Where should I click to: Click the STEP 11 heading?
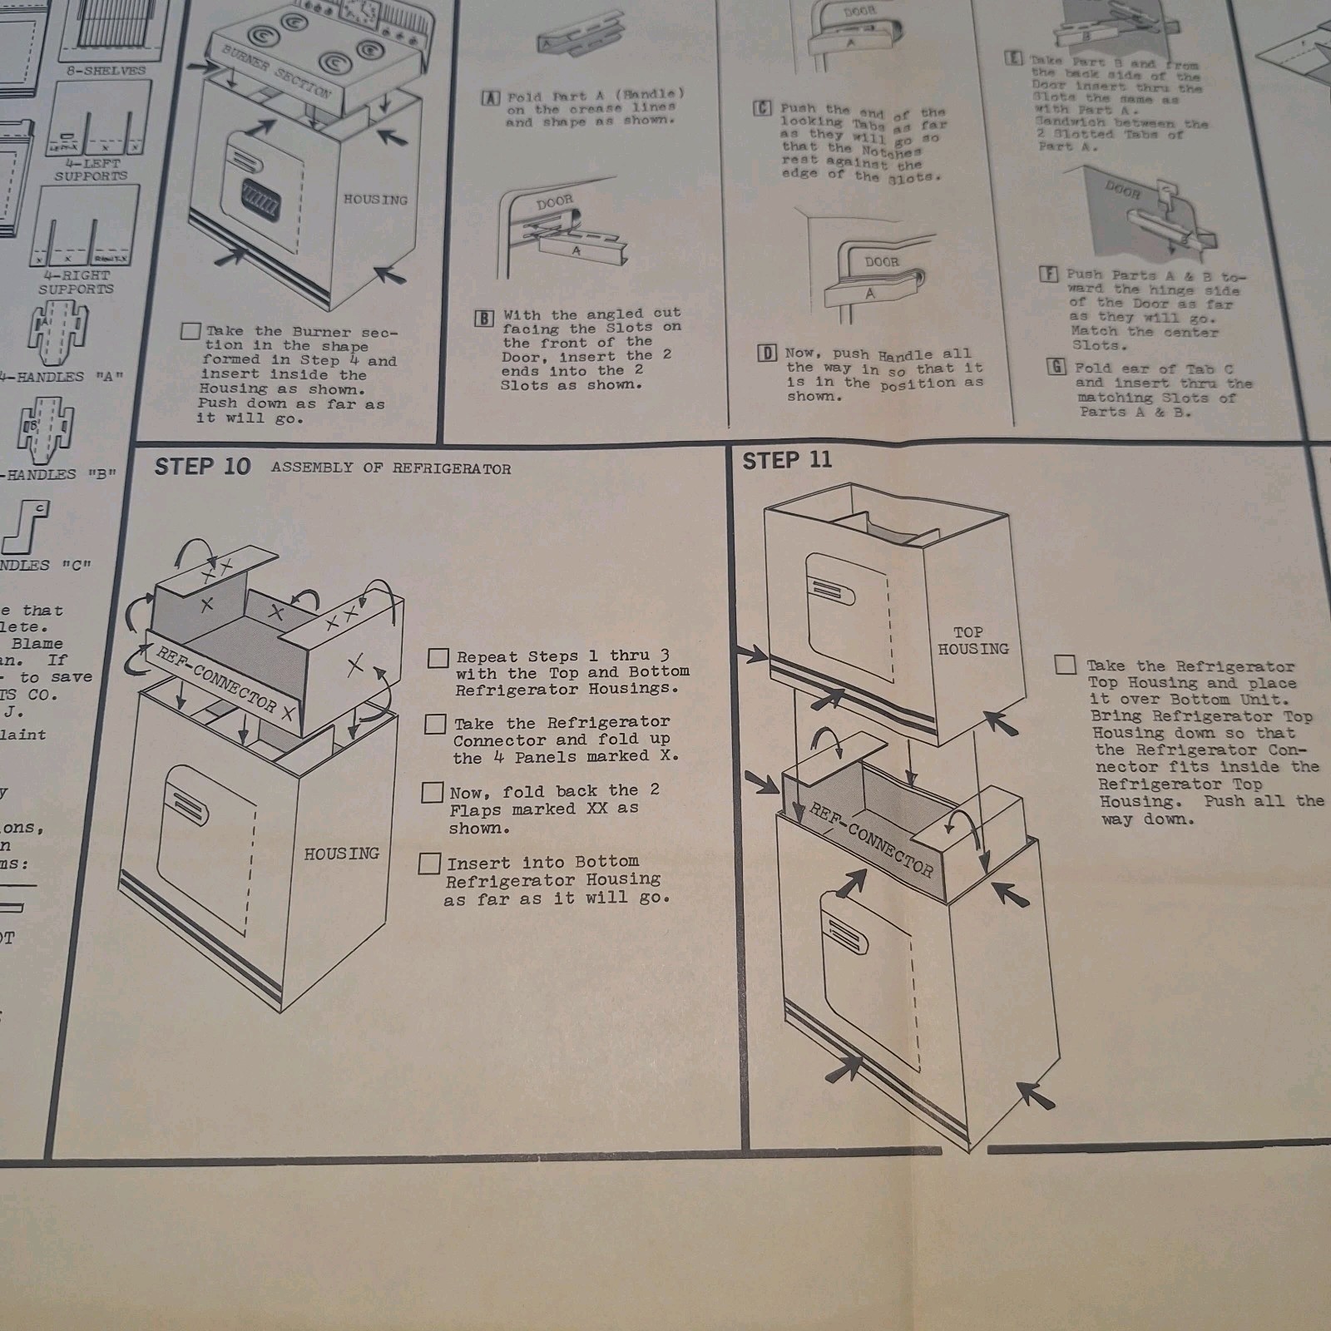click(x=786, y=460)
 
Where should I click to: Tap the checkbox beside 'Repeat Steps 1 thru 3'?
click(x=438, y=659)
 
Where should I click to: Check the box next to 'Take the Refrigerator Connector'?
click(x=435, y=725)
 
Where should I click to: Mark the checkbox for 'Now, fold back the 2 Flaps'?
click(x=433, y=793)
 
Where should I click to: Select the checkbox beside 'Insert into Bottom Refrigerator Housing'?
click(x=429, y=863)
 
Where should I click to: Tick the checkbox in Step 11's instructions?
click(x=1065, y=665)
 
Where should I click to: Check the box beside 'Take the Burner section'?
click(x=190, y=332)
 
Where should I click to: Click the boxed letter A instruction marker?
click(x=491, y=98)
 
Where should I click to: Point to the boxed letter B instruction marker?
click(x=484, y=319)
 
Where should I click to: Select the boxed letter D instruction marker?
click(x=767, y=354)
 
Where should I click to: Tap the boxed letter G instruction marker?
click(x=1056, y=367)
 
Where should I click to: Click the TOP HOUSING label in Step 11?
click(x=972, y=641)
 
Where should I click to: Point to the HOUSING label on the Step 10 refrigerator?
click(x=341, y=854)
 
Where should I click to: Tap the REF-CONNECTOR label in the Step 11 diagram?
click(x=872, y=841)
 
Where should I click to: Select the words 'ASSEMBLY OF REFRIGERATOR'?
click(x=391, y=468)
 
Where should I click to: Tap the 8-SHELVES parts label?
click(x=106, y=71)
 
